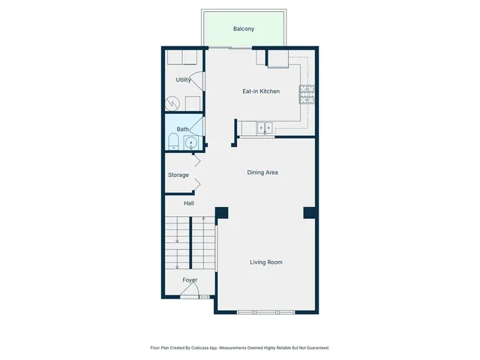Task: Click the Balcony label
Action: pos(243,29)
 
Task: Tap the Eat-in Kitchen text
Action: pos(260,91)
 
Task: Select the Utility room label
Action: pos(183,79)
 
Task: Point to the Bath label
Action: pos(182,129)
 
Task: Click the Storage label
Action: pos(178,175)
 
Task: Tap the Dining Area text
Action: pos(262,172)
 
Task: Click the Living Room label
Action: pos(265,262)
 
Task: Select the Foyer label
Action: pos(190,280)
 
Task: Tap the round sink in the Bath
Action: pos(191,142)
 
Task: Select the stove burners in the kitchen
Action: pos(307,94)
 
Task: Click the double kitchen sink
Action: pos(264,128)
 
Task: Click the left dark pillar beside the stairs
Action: pos(222,213)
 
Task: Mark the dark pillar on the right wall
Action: pos(309,213)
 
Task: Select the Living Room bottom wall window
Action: pos(265,311)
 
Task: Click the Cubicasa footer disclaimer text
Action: pos(240,348)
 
